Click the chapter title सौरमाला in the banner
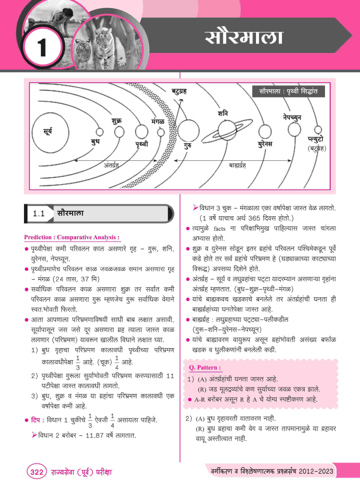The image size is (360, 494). (x=244, y=37)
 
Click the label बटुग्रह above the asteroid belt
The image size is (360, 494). (x=179, y=91)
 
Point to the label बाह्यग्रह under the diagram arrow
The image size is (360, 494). (x=240, y=164)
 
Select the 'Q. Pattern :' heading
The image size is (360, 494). (x=205, y=368)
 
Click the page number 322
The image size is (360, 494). (x=35, y=472)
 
